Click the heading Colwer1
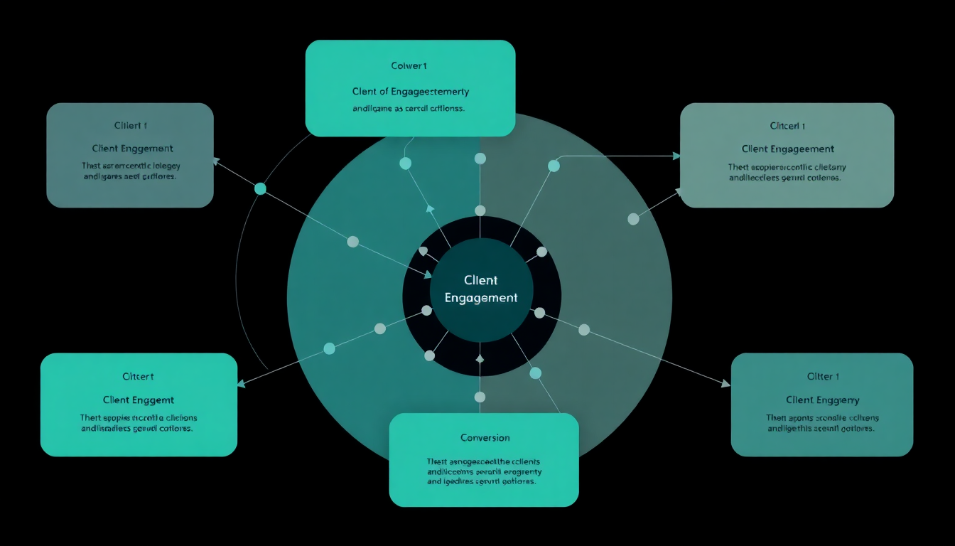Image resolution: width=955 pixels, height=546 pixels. [409, 66]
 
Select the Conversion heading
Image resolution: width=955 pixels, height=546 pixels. [485, 437]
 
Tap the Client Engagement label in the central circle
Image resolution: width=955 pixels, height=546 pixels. [481, 289]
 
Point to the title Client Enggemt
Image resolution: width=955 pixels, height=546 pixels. [139, 400]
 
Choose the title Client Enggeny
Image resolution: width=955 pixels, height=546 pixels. [822, 400]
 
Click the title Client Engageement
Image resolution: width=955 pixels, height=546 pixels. [787, 149]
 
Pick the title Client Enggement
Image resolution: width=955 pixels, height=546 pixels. [132, 149]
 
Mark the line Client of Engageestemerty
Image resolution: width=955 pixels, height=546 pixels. [410, 92]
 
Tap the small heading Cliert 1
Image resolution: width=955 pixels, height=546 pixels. [131, 126]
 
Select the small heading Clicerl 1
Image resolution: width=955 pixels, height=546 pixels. [787, 126]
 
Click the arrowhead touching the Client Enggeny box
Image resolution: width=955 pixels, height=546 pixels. [725, 384]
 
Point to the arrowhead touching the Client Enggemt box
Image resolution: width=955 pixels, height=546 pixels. [241, 384]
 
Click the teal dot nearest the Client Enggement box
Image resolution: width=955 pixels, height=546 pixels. [260, 188]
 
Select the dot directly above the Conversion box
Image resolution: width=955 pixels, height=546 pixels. [480, 397]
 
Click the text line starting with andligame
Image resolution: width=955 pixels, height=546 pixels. [409, 109]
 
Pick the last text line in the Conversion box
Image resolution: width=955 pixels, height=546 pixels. [481, 481]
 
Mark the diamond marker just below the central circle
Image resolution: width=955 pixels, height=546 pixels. [480, 359]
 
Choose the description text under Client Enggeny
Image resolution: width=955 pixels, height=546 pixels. [822, 423]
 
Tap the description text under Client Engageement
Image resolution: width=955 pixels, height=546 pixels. [787, 173]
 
